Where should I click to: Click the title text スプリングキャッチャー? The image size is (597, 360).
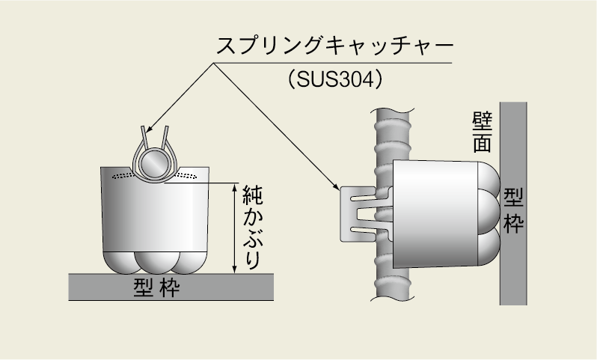coord(335,46)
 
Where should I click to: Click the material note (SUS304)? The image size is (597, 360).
coord(335,79)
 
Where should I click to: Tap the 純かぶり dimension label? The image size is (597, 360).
coord(252,227)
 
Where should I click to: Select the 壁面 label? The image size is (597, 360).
coord(482,132)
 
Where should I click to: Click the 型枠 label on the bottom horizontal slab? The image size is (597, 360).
coord(156,287)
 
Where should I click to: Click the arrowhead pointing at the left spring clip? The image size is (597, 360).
coord(150,129)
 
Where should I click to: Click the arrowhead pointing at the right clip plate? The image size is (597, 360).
coord(336,186)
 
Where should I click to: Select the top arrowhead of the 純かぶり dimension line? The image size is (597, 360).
coord(235,187)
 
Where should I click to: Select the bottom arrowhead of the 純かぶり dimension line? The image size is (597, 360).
coord(235,269)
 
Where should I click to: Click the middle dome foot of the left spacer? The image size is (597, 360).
coord(156,263)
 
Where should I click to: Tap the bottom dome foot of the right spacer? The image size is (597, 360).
coord(489,247)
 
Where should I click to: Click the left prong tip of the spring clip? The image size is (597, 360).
coord(143,127)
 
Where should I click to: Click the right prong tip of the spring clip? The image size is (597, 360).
coord(166,127)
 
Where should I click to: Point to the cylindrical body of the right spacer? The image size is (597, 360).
coord(435,214)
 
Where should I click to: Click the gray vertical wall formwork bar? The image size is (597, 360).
coord(513,204)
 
